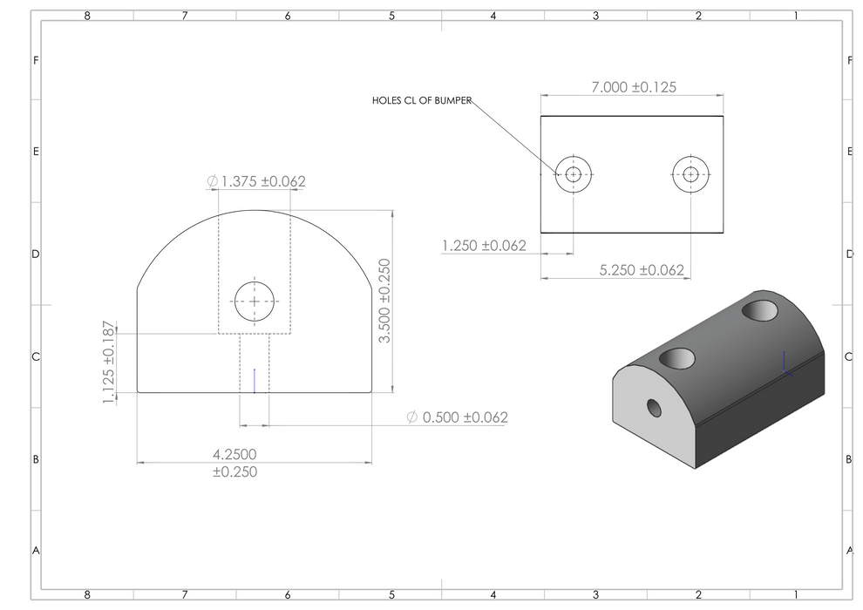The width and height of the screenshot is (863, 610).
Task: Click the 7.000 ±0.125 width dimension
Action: click(634, 87)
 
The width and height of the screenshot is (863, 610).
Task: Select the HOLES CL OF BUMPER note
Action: click(422, 101)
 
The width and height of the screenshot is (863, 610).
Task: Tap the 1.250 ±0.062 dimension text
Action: click(484, 246)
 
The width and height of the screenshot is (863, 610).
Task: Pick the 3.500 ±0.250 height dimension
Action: click(385, 300)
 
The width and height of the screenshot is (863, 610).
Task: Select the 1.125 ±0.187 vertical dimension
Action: click(108, 362)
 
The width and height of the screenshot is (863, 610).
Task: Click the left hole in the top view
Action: click(573, 174)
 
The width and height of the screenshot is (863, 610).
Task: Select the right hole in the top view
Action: click(690, 174)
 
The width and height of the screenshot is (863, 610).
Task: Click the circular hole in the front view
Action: click(254, 302)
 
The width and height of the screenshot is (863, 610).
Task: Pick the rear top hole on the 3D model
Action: click(760, 309)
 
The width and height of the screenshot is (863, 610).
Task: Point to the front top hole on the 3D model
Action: click(678, 356)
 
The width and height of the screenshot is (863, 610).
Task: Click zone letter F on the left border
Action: click(35, 60)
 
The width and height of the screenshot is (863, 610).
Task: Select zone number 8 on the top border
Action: click(86, 16)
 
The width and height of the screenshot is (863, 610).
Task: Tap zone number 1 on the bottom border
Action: click(795, 594)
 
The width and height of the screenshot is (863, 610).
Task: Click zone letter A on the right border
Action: click(849, 550)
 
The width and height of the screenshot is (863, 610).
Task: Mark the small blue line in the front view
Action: click(254, 380)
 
